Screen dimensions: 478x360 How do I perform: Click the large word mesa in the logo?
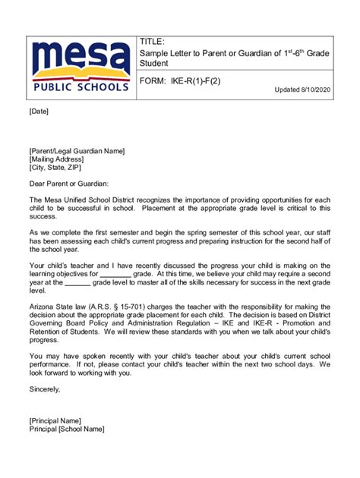[x=81, y=57]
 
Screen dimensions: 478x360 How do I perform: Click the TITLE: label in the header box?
[x=153, y=42]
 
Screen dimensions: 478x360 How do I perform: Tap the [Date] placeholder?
[x=39, y=112]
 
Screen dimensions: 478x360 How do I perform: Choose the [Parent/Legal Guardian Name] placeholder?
[x=76, y=151]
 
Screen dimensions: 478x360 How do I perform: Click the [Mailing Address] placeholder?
[x=56, y=159]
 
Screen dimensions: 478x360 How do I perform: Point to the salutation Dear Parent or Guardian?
[x=69, y=183]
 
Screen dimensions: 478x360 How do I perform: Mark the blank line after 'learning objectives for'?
[x=115, y=273]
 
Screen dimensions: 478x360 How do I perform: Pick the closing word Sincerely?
[x=44, y=388]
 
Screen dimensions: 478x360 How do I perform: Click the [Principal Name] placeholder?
[x=55, y=420]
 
